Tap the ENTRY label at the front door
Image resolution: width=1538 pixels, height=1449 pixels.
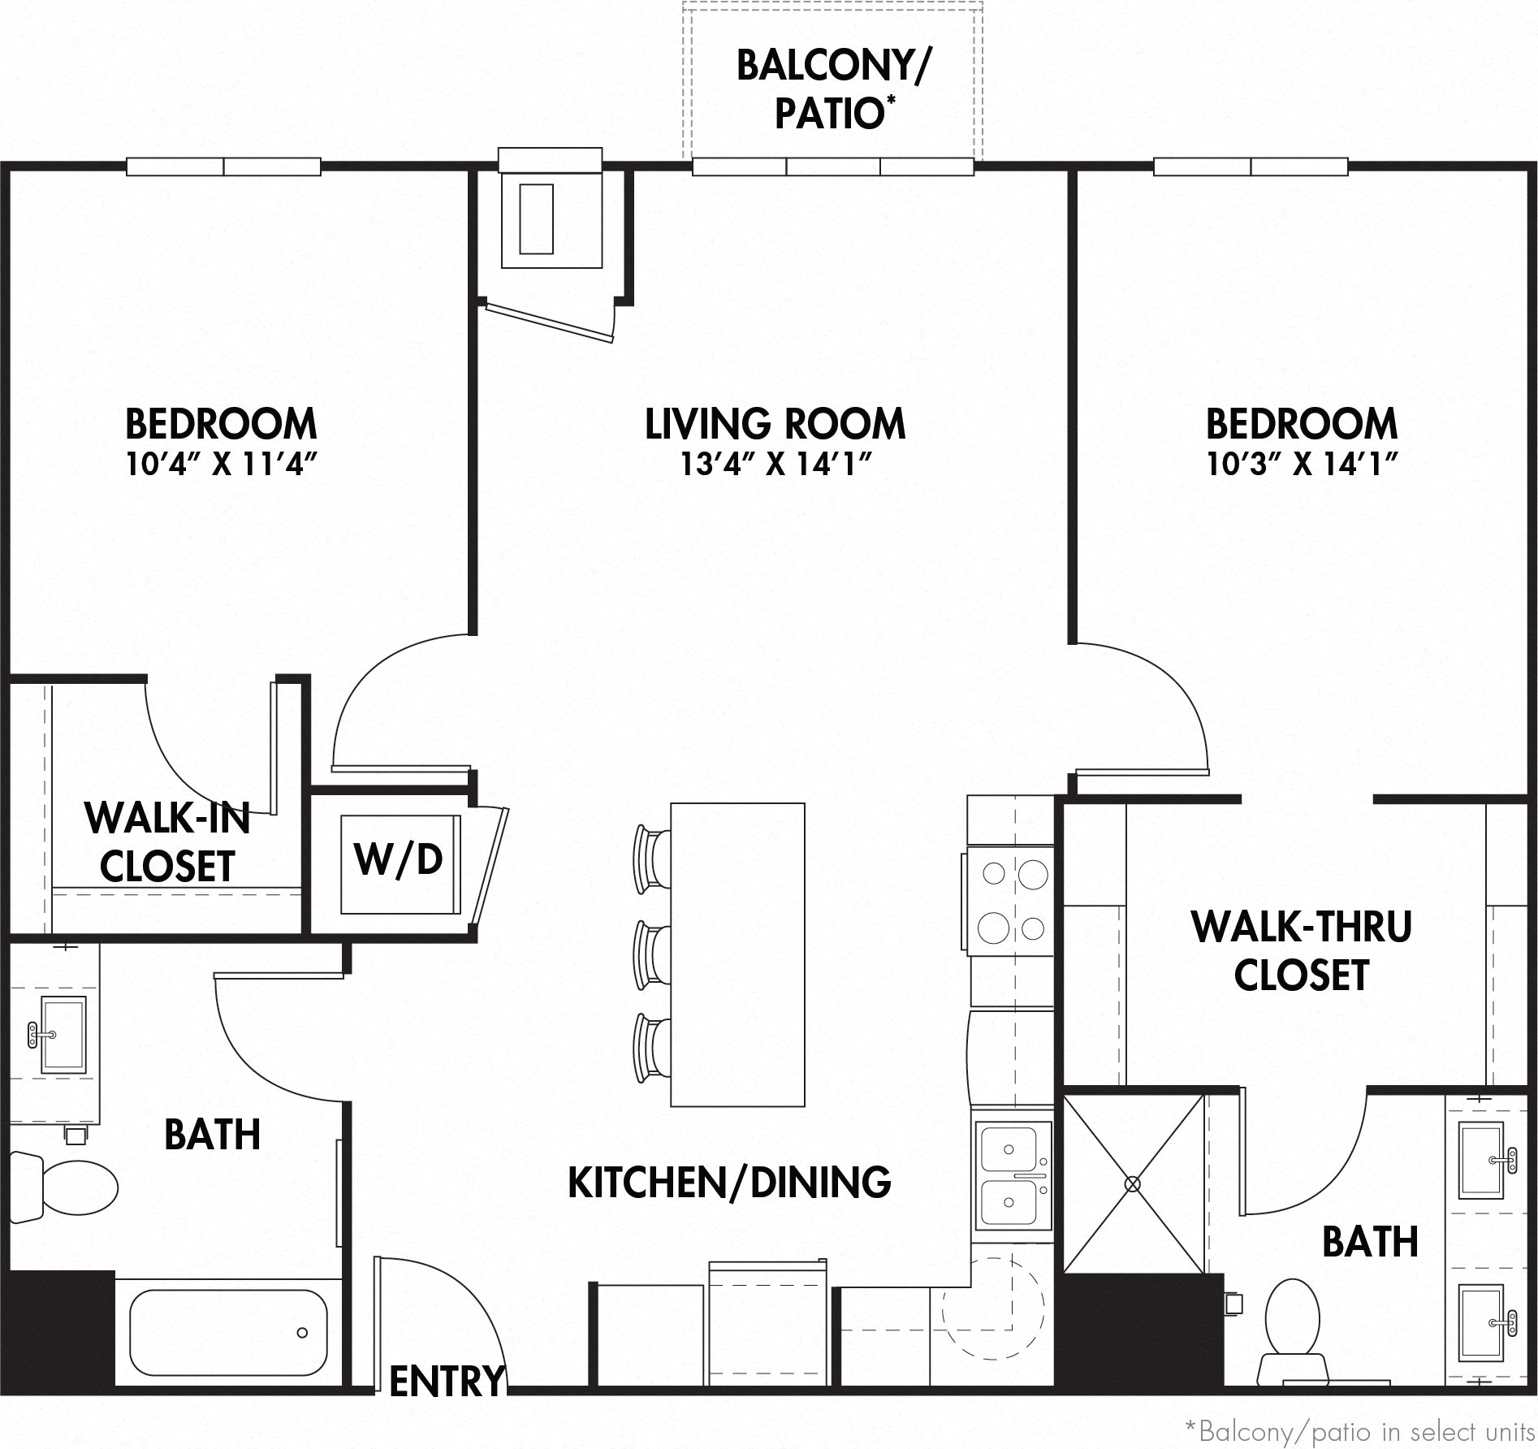coord(447,1379)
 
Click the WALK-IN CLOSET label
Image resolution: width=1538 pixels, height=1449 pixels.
coord(168,842)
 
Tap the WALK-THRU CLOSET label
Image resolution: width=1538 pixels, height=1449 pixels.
coord(1302,950)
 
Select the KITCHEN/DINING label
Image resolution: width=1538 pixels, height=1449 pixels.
coord(729,1182)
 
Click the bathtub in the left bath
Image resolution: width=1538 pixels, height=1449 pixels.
coord(228,1331)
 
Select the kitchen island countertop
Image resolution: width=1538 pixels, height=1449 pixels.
coord(737,954)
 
